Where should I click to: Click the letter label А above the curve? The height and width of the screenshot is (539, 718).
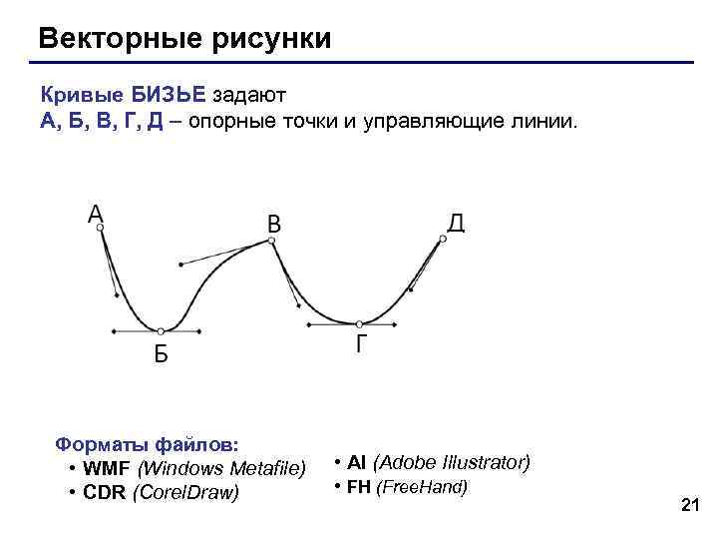(x=96, y=213)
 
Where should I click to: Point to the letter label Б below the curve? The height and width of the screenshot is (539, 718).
(x=161, y=354)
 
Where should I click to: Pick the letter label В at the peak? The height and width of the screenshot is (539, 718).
(x=273, y=226)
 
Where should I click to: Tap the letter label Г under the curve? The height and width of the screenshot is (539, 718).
(x=362, y=345)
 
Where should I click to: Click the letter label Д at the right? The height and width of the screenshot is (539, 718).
(x=456, y=223)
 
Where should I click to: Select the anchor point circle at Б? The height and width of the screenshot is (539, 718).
(x=160, y=330)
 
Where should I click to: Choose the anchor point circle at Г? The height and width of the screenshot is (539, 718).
(x=360, y=323)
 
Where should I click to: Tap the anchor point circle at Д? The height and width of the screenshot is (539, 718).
(x=443, y=239)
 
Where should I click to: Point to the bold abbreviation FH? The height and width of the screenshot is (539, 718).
(x=359, y=487)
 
